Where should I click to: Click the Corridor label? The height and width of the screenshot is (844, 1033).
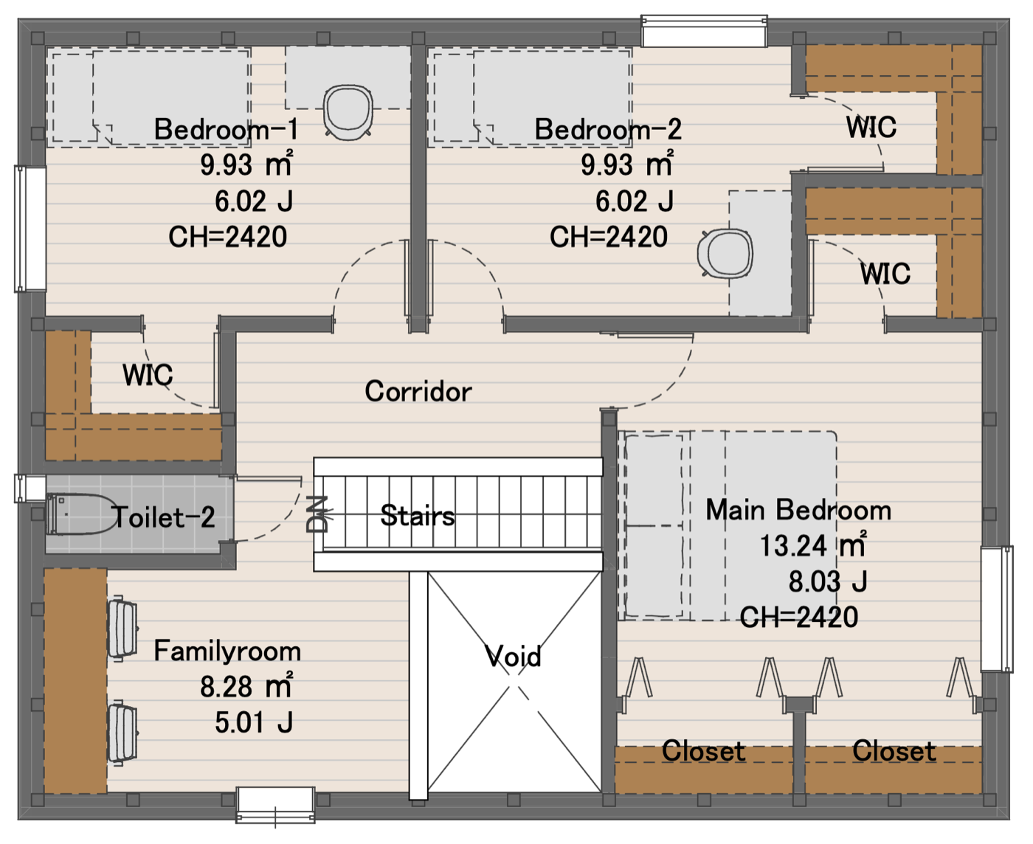pos(418,391)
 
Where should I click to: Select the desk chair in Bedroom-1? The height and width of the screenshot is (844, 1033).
pos(348,112)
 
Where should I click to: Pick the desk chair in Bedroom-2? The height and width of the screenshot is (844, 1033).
pos(725,253)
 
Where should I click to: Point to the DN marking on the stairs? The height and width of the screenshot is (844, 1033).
pos(317,513)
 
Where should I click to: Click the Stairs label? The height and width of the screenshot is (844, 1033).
pos(418,515)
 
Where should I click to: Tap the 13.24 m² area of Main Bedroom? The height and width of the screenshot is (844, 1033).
pos(813,545)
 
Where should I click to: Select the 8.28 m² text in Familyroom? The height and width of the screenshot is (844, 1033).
pos(246,686)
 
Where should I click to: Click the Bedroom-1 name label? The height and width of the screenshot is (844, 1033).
pos(226,129)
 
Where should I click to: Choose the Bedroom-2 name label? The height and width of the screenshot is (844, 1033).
pos(608,129)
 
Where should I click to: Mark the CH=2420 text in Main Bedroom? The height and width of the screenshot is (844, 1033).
pos(798,617)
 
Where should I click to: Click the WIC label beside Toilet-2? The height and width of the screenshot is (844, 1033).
pos(148,375)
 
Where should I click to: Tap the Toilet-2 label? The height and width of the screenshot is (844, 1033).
pos(163,516)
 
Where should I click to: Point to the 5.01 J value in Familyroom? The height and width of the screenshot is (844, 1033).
pos(254,722)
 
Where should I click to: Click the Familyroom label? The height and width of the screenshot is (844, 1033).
pos(227,651)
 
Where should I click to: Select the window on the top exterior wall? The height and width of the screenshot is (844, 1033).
pos(705,31)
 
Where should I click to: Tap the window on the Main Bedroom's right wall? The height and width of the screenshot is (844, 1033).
pos(996,609)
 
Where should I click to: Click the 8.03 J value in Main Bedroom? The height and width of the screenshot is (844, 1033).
pos(828,581)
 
